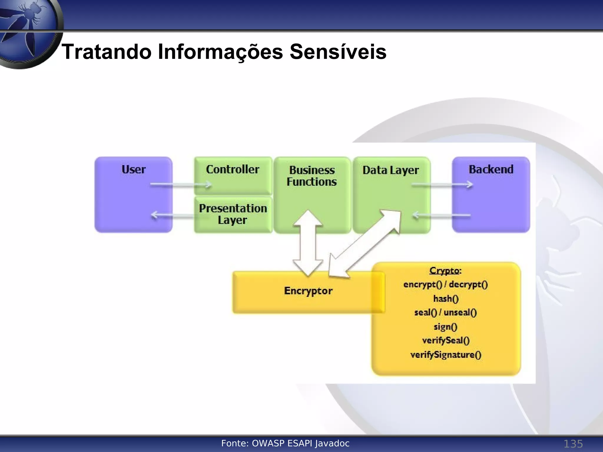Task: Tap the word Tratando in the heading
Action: [x=107, y=52]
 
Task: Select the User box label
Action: [x=133, y=169]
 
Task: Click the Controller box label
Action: [x=233, y=169]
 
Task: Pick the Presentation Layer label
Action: [x=233, y=214]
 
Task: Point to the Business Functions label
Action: [x=312, y=176]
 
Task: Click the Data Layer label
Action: [x=390, y=170]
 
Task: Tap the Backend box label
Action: [x=491, y=169]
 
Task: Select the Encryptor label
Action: [x=308, y=291]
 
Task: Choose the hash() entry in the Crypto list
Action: [x=446, y=299]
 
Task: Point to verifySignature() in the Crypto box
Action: [x=446, y=355]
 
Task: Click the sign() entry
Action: [x=445, y=327]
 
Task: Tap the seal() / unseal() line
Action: [x=445, y=313]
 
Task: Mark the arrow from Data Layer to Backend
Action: [x=442, y=185]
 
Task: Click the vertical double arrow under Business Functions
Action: [x=308, y=243]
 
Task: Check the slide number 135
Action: [x=573, y=444]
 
